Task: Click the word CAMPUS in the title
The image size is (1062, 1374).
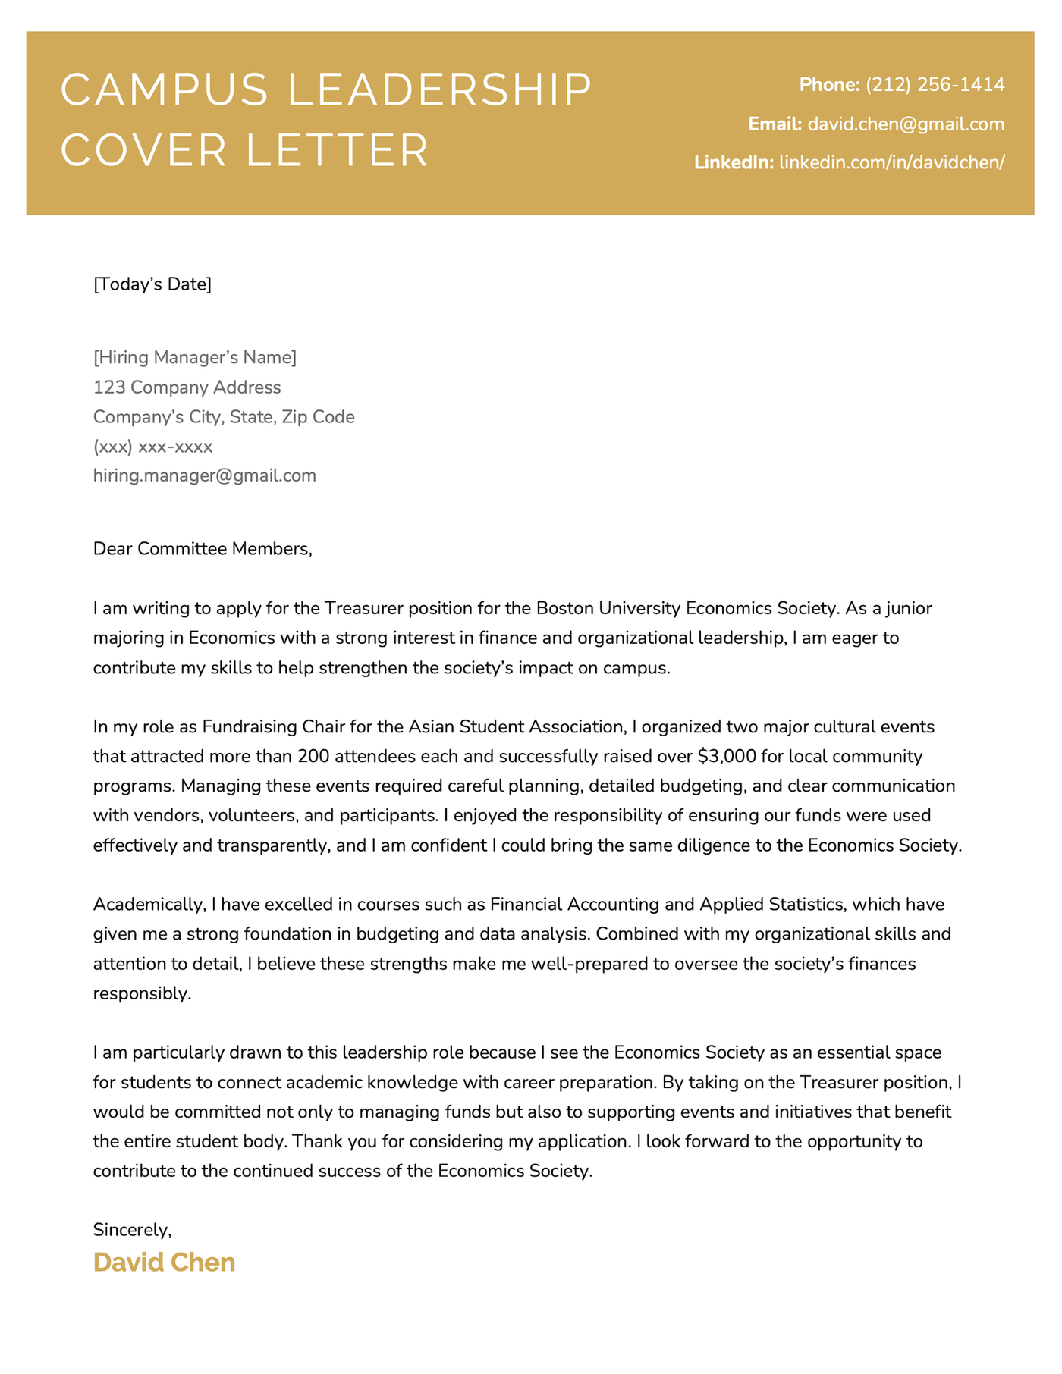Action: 164,90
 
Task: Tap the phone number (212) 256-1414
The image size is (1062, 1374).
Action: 935,85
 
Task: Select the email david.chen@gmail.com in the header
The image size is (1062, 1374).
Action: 906,124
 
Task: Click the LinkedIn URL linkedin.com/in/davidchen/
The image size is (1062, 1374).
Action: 892,163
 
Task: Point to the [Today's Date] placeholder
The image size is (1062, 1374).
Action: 152,285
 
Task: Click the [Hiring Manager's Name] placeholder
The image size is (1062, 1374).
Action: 195,357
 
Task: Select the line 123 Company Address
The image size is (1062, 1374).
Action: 187,387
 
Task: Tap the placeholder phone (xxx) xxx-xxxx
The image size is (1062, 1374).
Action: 152,447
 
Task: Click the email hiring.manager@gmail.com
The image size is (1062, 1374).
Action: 204,476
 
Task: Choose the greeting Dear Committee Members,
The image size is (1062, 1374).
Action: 203,549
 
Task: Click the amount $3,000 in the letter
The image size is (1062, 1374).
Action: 726,756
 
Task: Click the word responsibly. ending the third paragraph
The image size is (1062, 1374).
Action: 142,993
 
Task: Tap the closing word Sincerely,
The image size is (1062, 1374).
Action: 132,1229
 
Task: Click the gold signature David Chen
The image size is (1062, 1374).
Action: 164,1263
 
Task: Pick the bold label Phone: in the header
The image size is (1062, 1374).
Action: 829,85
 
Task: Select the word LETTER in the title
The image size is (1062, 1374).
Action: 338,150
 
